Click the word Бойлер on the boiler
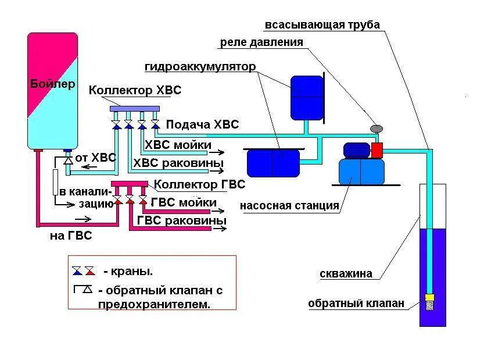pos(52,84)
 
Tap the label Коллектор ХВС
pos(135,91)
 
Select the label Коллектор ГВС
pos(199,184)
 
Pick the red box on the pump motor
pos(377,150)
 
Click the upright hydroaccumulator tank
pos(306,97)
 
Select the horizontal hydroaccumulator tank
pos(273,163)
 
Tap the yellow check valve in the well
pos(429,297)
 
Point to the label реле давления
pos(261,42)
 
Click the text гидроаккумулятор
pos(200,66)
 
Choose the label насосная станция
pos(289,205)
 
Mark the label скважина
pos(346,274)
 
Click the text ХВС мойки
pos(178,145)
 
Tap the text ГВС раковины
pos(181,221)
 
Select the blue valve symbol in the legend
pos(77,271)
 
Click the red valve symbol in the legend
pos(89,271)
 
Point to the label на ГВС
pos(70,236)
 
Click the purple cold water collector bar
pos(135,108)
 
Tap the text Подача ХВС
pos(202,124)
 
